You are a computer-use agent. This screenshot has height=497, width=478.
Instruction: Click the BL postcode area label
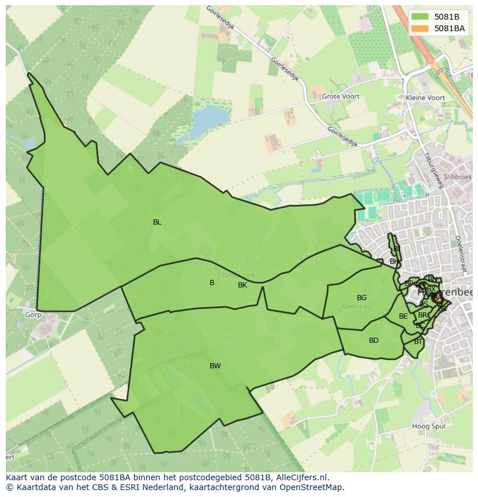(x=157, y=222)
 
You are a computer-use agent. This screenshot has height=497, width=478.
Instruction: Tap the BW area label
(x=215, y=366)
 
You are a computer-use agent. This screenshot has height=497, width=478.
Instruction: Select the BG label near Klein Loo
(x=361, y=298)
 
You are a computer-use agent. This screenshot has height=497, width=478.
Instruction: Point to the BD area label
(x=374, y=341)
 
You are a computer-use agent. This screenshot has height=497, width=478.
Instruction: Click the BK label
(x=242, y=285)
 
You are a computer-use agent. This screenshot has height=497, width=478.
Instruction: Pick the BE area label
(x=404, y=316)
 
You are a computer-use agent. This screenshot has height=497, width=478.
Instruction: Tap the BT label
(x=418, y=342)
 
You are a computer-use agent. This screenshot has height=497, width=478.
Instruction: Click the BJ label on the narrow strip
(x=397, y=249)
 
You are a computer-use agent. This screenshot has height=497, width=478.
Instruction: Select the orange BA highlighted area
(x=437, y=298)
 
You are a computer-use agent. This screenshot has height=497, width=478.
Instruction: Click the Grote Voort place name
(x=341, y=97)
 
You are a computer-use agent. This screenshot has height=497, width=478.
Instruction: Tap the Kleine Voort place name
(x=425, y=98)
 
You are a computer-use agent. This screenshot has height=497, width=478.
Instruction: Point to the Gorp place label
(x=33, y=315)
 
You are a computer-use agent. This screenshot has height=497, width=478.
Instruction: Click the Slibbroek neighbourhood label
(x=458, y=177)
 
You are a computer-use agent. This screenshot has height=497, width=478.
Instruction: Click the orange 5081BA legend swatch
(x=420, y=28)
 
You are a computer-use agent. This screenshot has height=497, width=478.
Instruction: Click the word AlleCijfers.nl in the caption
(x=300, y=477)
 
